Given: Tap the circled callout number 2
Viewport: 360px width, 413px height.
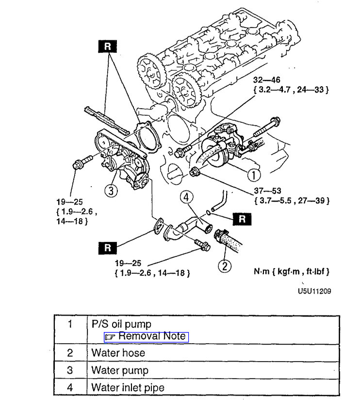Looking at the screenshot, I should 224,266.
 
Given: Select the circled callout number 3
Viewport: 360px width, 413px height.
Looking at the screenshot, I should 112,191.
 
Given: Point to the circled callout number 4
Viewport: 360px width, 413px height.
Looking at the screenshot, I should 187,198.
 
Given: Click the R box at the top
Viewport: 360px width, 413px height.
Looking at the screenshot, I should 108,47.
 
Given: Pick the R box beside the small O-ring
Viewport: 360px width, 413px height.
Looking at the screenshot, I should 242,219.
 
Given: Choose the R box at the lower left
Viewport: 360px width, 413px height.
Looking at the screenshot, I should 108,248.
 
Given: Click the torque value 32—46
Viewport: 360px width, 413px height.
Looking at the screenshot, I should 266,79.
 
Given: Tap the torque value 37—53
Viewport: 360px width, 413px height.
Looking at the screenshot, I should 267,191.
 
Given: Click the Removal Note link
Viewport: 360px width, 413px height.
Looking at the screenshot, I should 145,336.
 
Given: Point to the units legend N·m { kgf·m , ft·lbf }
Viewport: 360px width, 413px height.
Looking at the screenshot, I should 295,271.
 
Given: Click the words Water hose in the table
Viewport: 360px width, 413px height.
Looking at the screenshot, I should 118,352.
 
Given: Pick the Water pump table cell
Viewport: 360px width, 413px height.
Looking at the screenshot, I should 119,370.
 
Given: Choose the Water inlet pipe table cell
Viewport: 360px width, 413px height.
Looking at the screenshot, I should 128,388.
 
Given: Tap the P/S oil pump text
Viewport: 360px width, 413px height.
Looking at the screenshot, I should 121,324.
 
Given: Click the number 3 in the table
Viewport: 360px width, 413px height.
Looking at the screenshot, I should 70,370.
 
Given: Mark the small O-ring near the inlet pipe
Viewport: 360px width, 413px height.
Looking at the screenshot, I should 209,212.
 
